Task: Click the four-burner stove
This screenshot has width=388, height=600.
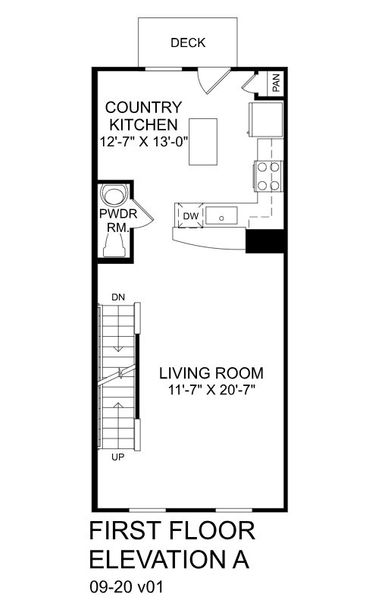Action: click(x=267, y=176)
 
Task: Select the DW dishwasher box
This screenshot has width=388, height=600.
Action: click(x=190, y=215)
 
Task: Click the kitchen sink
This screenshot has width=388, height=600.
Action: click(x=223, y=214)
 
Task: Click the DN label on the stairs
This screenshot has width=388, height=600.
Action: click(x=118, y=297)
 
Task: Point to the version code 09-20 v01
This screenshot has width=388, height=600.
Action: click(x=126, y=583)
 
